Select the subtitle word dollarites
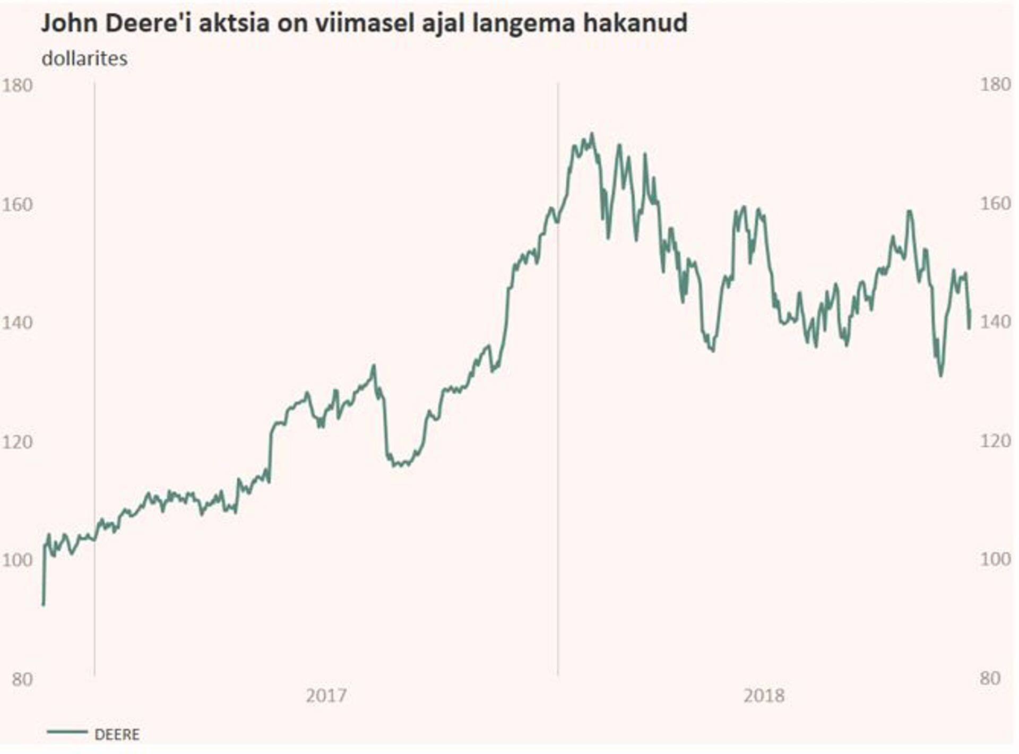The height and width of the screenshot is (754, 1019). pos(84,58)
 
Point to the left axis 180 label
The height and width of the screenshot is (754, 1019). pos(17,85)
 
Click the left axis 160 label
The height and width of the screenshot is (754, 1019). pos(17,204)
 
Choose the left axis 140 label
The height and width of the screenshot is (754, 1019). pos(17,322)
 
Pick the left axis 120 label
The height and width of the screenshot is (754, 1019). pos(17,441)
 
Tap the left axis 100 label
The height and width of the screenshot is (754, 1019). pos(17,559)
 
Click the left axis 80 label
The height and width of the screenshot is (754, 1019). pos(22,679)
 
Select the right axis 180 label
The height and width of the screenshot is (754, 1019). pos(995,84)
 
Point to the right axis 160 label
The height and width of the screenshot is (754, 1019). pos(995,203)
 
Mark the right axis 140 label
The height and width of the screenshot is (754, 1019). pos(995,322)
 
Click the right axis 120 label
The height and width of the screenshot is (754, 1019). pos(995,440)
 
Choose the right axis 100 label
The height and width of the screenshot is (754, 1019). pos(995,559)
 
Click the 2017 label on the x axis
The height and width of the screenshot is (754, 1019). pos(326,695)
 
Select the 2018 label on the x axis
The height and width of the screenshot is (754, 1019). pos(764,695)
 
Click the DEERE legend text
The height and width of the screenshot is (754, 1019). pos(117,735)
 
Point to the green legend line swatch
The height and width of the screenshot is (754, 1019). pos(67,732)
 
